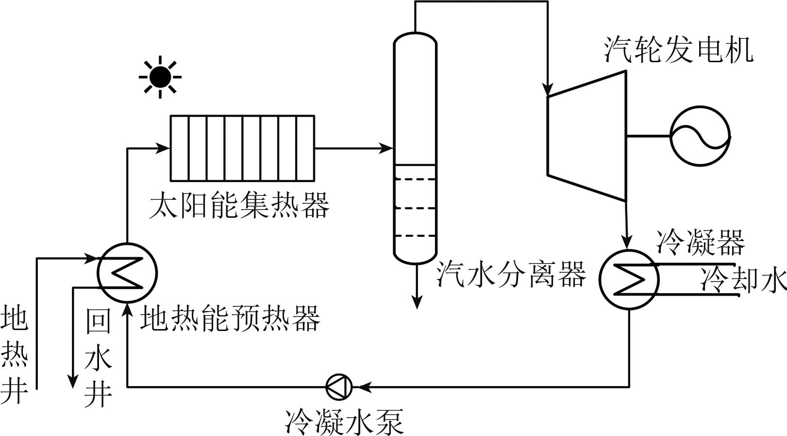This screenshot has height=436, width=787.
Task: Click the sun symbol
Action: pos(160,77)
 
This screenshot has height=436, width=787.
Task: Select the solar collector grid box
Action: pos(242,148)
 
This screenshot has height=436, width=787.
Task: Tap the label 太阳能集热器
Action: pos(239,206)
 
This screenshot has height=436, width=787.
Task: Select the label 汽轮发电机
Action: pos(679,50)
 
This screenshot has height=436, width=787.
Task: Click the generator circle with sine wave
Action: pos(700,136)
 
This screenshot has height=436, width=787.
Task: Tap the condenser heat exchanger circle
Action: pos(629,279)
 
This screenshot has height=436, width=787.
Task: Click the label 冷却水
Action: pos(743,280)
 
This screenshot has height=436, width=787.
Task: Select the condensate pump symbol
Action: pos(339,387)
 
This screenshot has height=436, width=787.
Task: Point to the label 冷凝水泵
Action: pos(344,421)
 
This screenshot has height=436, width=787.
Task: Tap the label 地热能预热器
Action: pos(231,319)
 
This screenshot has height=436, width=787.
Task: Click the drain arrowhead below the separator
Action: pos(416,302)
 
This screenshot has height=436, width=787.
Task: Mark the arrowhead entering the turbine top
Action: pos(548,90)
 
